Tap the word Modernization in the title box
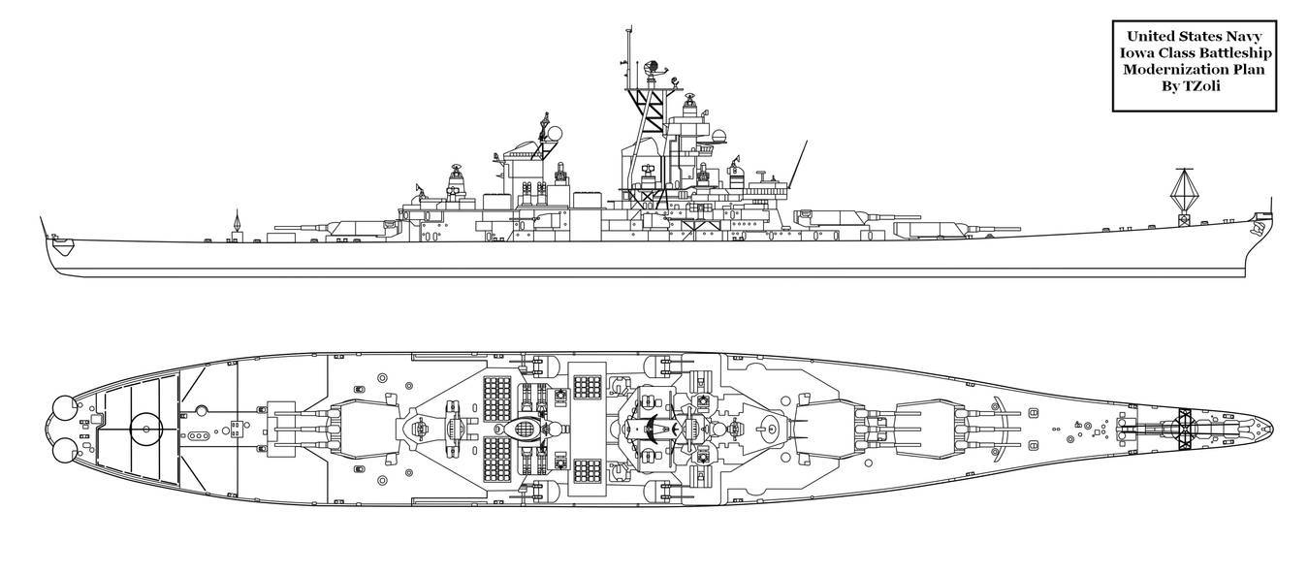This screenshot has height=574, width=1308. pos(1169,70)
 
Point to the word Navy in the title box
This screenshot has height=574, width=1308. pos(1241,36)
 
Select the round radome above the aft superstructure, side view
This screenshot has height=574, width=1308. pos(553,134)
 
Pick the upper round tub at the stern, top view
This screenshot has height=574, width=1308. pos(64,406)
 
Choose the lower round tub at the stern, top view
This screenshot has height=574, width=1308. pos(64,453)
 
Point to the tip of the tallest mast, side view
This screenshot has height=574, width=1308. pos(628,27)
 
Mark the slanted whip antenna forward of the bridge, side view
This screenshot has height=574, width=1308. pos(798,164)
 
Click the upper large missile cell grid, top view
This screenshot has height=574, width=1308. pos(496,399)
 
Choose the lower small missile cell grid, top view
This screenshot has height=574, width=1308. pos(587,470)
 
